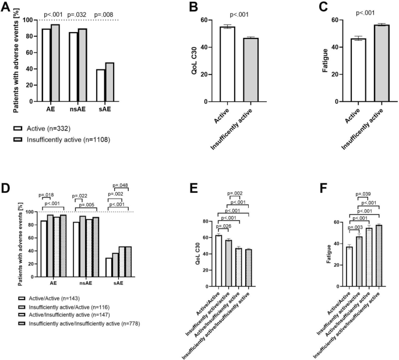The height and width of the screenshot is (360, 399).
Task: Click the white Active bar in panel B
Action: tap(227, 64)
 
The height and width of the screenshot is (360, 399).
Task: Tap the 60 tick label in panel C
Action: tap(334, 20)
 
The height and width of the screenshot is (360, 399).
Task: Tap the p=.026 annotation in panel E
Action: tap(224, 225)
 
